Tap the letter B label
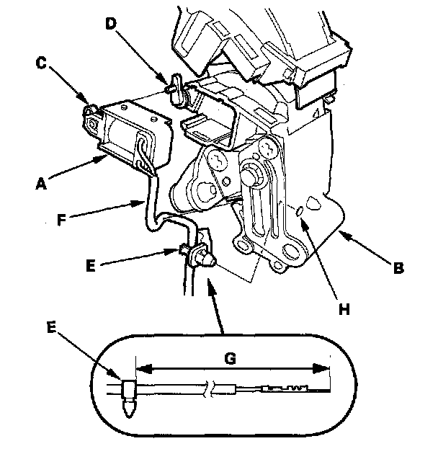coord(398,270)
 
